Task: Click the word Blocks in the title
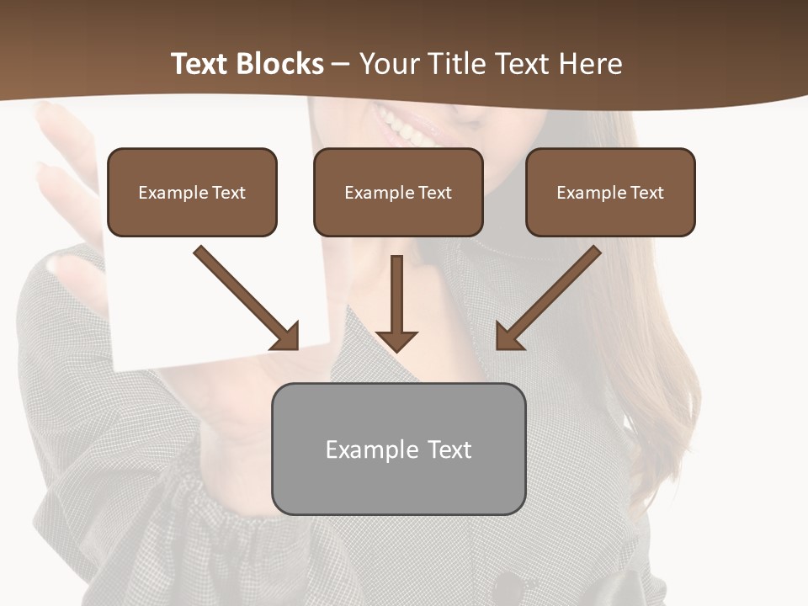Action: pyautogui.click(x=281, y=64)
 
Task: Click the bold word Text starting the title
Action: pyautogui.click(x=201, y=64)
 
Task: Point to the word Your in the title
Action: pyautogui.click(x=388, y=64)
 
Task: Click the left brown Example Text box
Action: pyautogui.click(x=192, y=192)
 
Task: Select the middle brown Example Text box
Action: pyautogui.click(x=398, y=192)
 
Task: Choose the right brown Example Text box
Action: pyautogui.click(x=610, y=192)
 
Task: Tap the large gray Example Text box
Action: pyautogui.click(x=398, y=449)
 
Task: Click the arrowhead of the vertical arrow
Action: pyautogui.click(x=396, y=340)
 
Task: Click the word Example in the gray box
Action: pyautogui.click(x=372, y=449)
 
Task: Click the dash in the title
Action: pyautogui.click(x=342, y=64)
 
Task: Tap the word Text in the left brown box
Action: pyautogui.click(x=229, y=193)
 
